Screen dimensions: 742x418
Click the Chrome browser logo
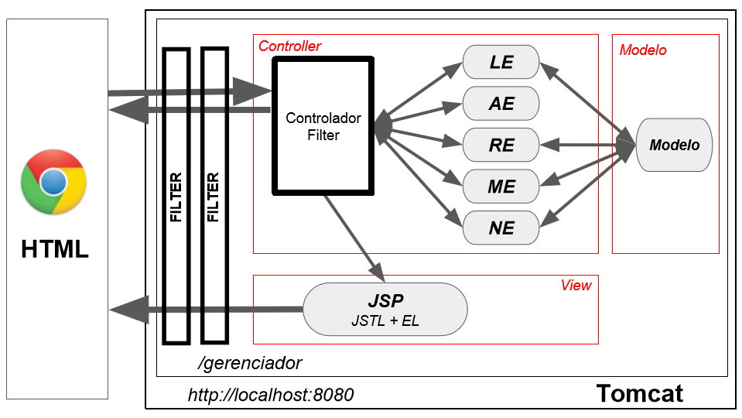click(53, 182)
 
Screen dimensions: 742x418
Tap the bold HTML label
click(55, 249)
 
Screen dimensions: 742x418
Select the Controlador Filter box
click(323, 126)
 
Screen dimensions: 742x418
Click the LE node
click(501, 62)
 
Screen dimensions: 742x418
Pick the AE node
click(501, 103)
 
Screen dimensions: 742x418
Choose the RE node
click(501, 145)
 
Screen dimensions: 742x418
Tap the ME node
click(501, 187)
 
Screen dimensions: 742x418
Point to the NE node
click(501, 228)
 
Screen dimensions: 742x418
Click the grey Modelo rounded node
click(674, 145)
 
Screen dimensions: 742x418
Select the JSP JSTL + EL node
click(385, 309)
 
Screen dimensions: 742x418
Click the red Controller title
click(289, 46)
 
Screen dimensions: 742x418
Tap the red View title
click(576, 285)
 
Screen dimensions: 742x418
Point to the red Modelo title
click(643, 50)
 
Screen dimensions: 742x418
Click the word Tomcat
click(640, 393)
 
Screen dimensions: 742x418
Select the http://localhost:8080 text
click(271, 395)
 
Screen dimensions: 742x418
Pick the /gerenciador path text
click(250, 363)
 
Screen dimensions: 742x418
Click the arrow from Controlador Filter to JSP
click(354, 238)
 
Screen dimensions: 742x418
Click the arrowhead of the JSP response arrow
click(128, 310)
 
